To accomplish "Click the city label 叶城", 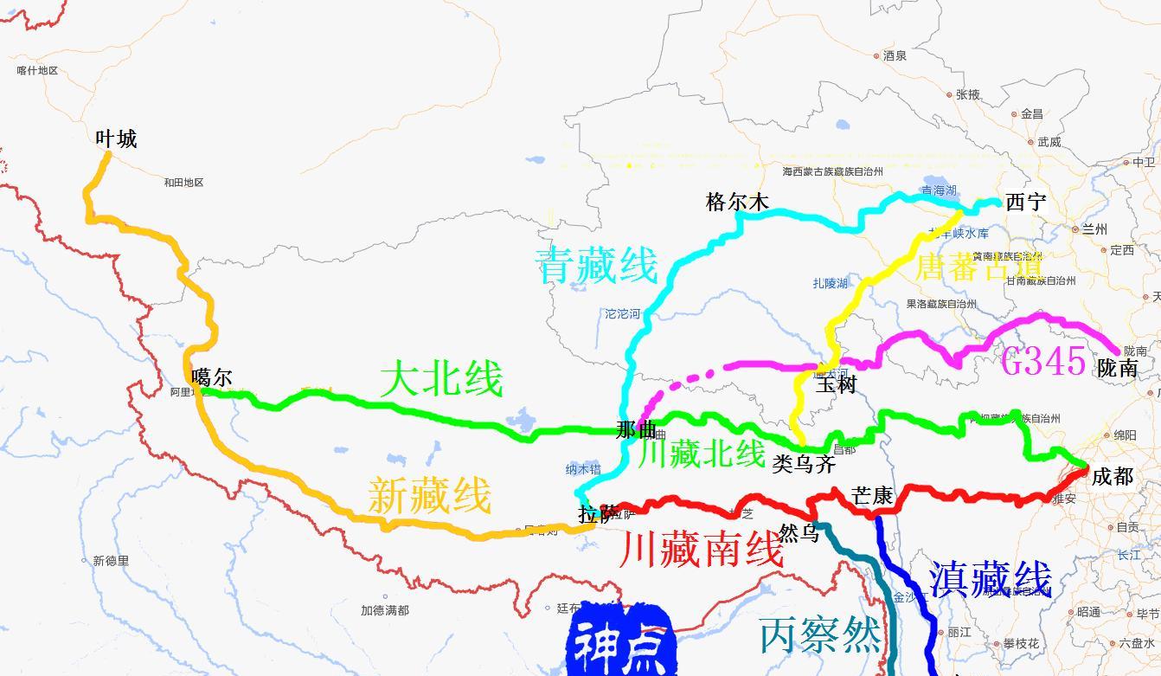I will coord(117,138).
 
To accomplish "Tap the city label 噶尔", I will coord(212,377).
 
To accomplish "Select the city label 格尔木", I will coord(737,203).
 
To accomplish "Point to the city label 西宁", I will coord(1026,203).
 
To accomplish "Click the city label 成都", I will coord(1113,476).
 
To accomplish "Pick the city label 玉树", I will coord(836,384).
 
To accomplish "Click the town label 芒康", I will coord(872,496).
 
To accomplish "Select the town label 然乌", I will coord(799,533).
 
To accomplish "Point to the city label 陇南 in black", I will coord(1117,368).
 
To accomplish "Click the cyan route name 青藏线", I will coord(596,265).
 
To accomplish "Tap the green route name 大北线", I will coord(441,380).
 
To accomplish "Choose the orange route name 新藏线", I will coord(429,496).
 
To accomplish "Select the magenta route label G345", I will coord(1042,360).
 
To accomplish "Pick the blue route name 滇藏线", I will coord(990,579).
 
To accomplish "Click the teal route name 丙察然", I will coord(820,636).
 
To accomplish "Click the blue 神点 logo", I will coord(619,641).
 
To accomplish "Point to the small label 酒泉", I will coord(895,55).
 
